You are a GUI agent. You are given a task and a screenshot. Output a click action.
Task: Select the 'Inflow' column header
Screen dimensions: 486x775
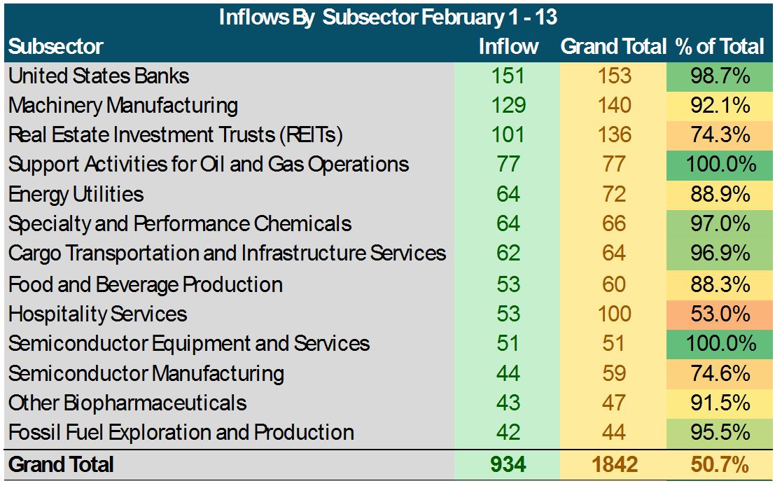[x=508, y=46]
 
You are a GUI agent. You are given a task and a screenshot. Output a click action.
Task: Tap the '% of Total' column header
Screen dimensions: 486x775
[x=720, y=46]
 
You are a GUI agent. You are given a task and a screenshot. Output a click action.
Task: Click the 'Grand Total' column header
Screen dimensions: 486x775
[x=613, y=46]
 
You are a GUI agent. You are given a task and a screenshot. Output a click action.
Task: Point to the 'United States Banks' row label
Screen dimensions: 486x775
[x=99, y=76]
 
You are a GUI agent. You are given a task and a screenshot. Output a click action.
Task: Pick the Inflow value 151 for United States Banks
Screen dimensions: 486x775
[x=508, y=76]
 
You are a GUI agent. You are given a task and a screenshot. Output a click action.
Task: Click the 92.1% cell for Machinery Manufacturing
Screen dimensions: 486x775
[x=720, y=105]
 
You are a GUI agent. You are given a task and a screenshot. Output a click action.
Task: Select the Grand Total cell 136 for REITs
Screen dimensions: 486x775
[x=614, y=134]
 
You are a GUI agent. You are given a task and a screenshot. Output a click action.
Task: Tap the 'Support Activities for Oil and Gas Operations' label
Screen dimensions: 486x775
[x=209, y=164]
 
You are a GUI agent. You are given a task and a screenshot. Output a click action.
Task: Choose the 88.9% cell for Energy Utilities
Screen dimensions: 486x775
[x=720, y=194]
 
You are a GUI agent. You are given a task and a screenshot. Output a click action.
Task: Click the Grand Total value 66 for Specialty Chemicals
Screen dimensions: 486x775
[x=614, y=224]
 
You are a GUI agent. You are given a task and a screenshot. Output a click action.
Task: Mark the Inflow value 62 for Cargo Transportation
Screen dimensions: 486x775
[x=508, y=254]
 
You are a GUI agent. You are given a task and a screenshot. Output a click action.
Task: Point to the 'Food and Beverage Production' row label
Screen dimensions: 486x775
[x=146, y=284]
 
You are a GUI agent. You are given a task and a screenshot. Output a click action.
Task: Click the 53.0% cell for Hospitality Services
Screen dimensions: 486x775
[x=720, y=314]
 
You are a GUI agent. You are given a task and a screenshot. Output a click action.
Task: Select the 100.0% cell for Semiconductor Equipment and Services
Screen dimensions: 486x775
[x=720, y=343]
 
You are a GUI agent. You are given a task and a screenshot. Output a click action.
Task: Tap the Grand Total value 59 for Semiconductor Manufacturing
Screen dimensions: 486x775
[x=614, y=373]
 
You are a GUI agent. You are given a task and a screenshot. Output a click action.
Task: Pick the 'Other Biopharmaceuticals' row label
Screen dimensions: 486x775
[x=127, y=403]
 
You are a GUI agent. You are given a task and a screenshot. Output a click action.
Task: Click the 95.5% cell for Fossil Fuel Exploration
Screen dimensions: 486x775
[x=720, y=432]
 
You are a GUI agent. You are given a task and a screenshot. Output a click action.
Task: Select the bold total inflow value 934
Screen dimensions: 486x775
[x=508, y=464]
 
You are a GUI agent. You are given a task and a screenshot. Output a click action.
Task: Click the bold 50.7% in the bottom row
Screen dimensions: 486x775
[x=720, y=464]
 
